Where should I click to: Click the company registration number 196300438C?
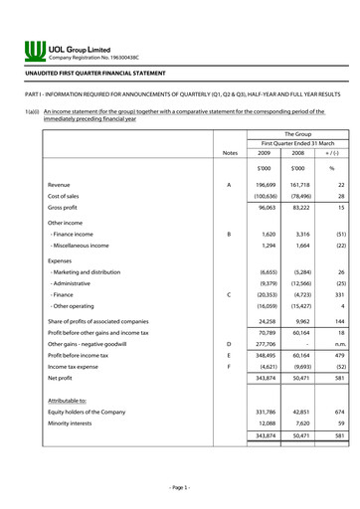[x=99, y=59]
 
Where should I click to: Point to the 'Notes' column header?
[x=231, y=153]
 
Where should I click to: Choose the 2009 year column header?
[x=264, y=153]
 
